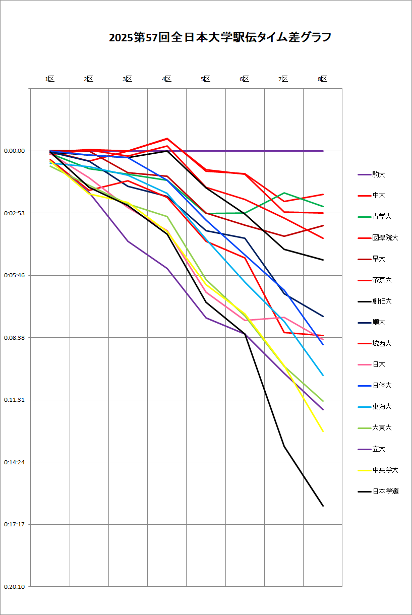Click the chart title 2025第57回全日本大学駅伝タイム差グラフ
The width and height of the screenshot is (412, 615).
pyautogui.click(x=220, y=38)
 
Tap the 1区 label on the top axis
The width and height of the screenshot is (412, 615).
pyautogui.click(x=50, y=79)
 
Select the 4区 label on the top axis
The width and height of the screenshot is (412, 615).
pyautogui.click(x=167, y=79)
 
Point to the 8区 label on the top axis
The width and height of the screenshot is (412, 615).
pyautogui.click(x=323, y=79)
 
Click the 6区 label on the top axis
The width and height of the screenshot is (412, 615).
pyautogui.click(x=245, y=79)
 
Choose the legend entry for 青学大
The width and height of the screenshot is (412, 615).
pyautogui.click(x=382, y=216)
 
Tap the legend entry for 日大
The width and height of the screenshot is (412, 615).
pyautogui.click(x=379, y=364)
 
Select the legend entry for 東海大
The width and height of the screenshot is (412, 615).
pyautogui.click(x=382, y=406)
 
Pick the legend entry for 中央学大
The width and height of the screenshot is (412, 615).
pyautogui.click(x=385, y=470)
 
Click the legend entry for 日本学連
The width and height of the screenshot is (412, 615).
pyautogui.click(x=385, y=491)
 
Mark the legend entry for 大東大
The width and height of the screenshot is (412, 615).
pyautogui.click(x=382, y=427)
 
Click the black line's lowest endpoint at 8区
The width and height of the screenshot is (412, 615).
pyautogui.click(x=323, y=506)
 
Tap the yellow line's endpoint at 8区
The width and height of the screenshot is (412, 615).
pyautogui.click(x=323, y=432)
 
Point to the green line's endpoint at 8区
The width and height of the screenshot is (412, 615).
pyautogui.click(x=323, y=206)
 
